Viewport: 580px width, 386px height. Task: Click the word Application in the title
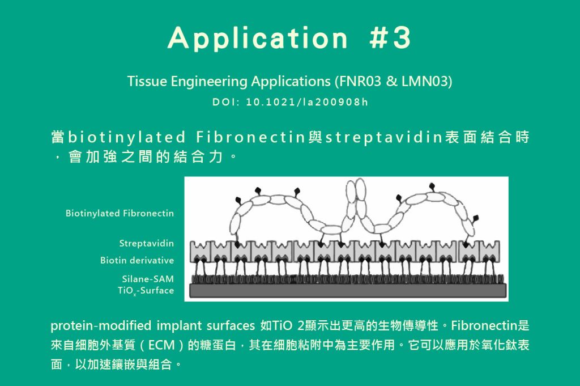pyautogui.click(x=258, y=38)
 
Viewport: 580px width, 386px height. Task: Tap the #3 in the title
pyautogui.click(x=390, y=37)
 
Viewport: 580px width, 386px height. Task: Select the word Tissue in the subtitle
pyautogui.click(x=147, y=81)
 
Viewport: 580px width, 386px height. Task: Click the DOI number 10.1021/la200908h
pyautogui.click(x=307, y=102)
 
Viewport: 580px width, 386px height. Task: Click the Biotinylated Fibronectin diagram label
pyautogui.click(x=120, y=213)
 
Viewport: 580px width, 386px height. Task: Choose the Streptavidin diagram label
pyautogui.click(x=147, y=243)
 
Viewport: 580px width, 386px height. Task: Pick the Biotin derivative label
pyautogui.click(x=137, y=260)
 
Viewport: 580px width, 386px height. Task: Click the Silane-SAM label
pyautogui.click(x=148, y=279)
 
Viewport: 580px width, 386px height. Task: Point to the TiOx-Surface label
pyautogui.click(x=146, y=291)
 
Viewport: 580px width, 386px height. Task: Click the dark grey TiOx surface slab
pyautogui.click(x=348, y=291)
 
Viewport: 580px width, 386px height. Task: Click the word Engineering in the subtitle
pyautogui.click(x=208, y=81)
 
